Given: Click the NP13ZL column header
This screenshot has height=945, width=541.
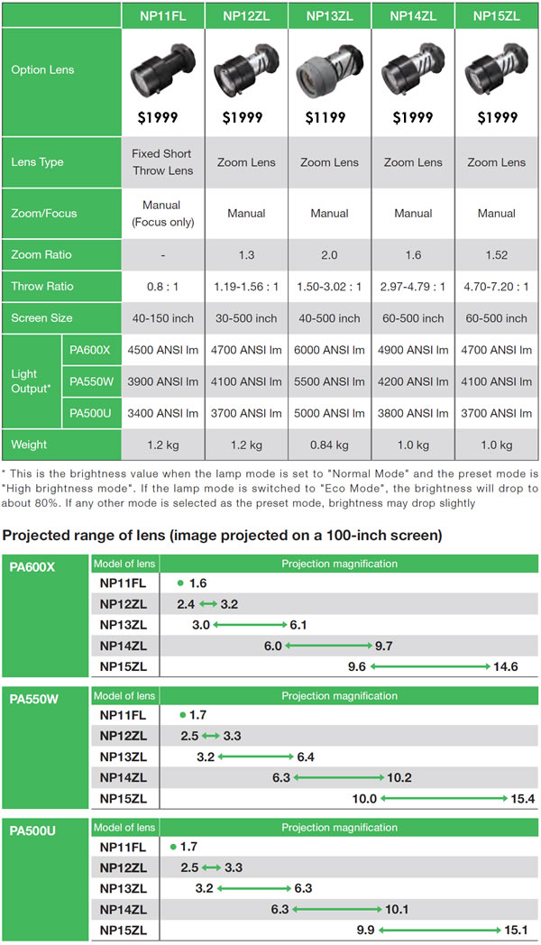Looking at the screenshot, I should [x=329, y=15].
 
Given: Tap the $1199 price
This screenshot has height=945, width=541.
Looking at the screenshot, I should [x=329, y=117].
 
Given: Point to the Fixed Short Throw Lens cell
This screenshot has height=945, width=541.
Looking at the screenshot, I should [x=162, y=162].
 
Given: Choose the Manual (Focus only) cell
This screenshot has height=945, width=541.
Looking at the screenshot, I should [x=162, y=213].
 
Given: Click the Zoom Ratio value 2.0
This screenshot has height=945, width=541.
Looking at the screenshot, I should [x=329, y=254].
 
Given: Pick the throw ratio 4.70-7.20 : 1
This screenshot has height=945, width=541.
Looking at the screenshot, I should [x=497, y=286].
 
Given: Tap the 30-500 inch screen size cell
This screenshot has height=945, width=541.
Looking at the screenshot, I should [x=246, y=317].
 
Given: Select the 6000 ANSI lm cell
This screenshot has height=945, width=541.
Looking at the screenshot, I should [x=329, y=350].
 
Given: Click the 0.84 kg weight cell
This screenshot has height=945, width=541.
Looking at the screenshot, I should [x=329, y=444].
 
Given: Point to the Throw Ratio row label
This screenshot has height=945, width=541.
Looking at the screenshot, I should [x=36, y=286].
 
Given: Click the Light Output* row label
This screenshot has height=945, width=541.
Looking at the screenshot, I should [x=31, y=381].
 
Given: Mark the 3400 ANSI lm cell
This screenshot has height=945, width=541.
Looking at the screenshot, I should [x=162, y=413].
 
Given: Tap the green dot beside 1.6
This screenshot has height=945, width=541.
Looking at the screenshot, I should [x=180, y=583].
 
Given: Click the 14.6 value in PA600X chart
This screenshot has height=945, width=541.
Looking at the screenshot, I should [x=505, y=666].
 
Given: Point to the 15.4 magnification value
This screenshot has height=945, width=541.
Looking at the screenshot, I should [x=522, y=798].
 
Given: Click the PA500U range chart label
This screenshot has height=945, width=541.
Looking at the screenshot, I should [x=34, y=830].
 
